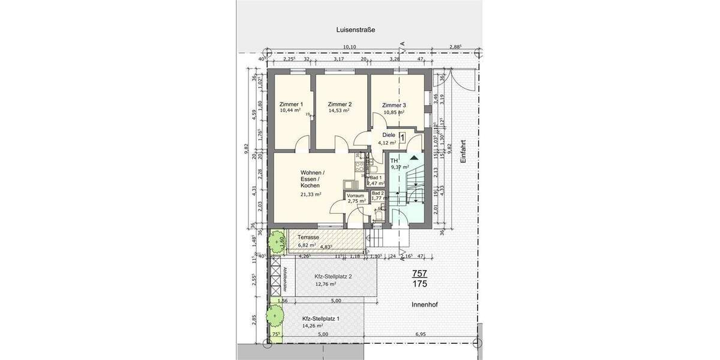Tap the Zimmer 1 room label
click(x=291, y=104)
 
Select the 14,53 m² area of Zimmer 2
click(x=340, y=111)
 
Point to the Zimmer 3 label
click(x=394, y=105)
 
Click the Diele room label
click(x=389, y=135)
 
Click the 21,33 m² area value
click(x=311, y=194)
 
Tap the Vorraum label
click(x=356, y=195)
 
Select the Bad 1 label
click(x=376, y=178)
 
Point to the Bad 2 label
click(x=377, y=193)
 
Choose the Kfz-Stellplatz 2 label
click(x=333, y=277)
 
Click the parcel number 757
click(x=419, y=274)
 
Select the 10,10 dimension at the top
click(x=349, y=47)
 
